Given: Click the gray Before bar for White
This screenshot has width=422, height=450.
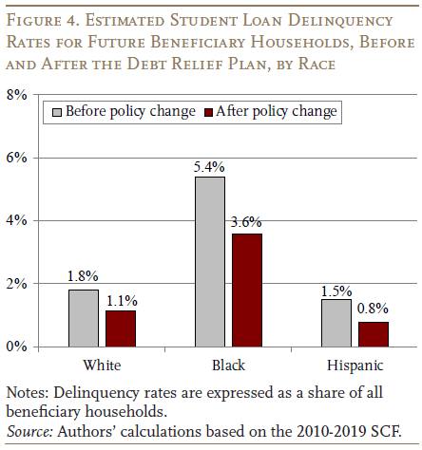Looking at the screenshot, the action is [x=84, y=318].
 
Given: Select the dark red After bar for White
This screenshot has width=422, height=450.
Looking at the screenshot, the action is [x=121, y=328].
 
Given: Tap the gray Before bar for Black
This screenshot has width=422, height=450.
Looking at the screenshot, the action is [x=210, y=262].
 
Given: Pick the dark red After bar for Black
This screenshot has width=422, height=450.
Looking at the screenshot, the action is [x=247, y=291].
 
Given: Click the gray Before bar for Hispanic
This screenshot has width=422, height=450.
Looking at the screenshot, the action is [x=336, y=323].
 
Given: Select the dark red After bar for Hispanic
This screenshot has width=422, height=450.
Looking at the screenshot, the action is [x=374, y=334].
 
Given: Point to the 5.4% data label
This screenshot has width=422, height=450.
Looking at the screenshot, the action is [x=209, y=167].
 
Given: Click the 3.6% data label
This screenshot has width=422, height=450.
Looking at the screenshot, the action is [x=246, y=222].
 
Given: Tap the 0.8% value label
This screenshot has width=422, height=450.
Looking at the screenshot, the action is [x=373, y=309].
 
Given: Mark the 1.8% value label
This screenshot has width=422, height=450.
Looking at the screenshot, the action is [x=83, y=276].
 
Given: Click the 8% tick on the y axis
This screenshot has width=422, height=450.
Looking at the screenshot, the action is [x=16, y=94].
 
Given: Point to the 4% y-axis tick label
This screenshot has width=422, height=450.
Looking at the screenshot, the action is [x=16, y=220].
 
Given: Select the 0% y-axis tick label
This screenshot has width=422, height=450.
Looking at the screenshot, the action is [x=16, y=347].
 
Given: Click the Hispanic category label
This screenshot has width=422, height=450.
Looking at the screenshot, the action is [x=355, y=366].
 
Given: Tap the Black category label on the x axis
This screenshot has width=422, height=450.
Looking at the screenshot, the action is [x=228, y=366].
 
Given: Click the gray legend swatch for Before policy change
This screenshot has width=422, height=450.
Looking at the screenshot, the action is [x=57, y=112].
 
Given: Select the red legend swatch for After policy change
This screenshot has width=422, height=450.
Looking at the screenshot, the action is [x=209, y=112].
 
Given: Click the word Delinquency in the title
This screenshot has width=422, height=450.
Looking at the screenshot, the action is [x=340, y=21].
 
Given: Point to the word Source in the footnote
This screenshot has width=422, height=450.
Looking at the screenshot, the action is [x=29, y=431].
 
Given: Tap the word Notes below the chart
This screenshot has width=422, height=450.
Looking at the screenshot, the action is [x=28, y=393].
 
